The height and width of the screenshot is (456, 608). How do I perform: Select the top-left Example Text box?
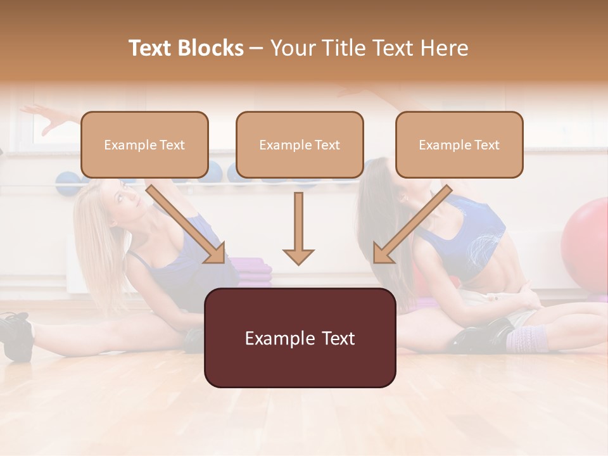click(144, 145)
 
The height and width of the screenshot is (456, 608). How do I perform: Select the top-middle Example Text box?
click(300, 145)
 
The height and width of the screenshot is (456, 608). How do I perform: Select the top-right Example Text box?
click(459, 145)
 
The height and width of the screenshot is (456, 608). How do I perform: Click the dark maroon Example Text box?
click(300, 338)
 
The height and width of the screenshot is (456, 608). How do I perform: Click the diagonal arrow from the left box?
click(186, 224)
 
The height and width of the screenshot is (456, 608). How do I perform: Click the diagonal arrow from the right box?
click(412, 224)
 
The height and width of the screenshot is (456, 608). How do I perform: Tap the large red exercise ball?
click(586, 241)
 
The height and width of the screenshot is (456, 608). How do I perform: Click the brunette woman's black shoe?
click(481, 336)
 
